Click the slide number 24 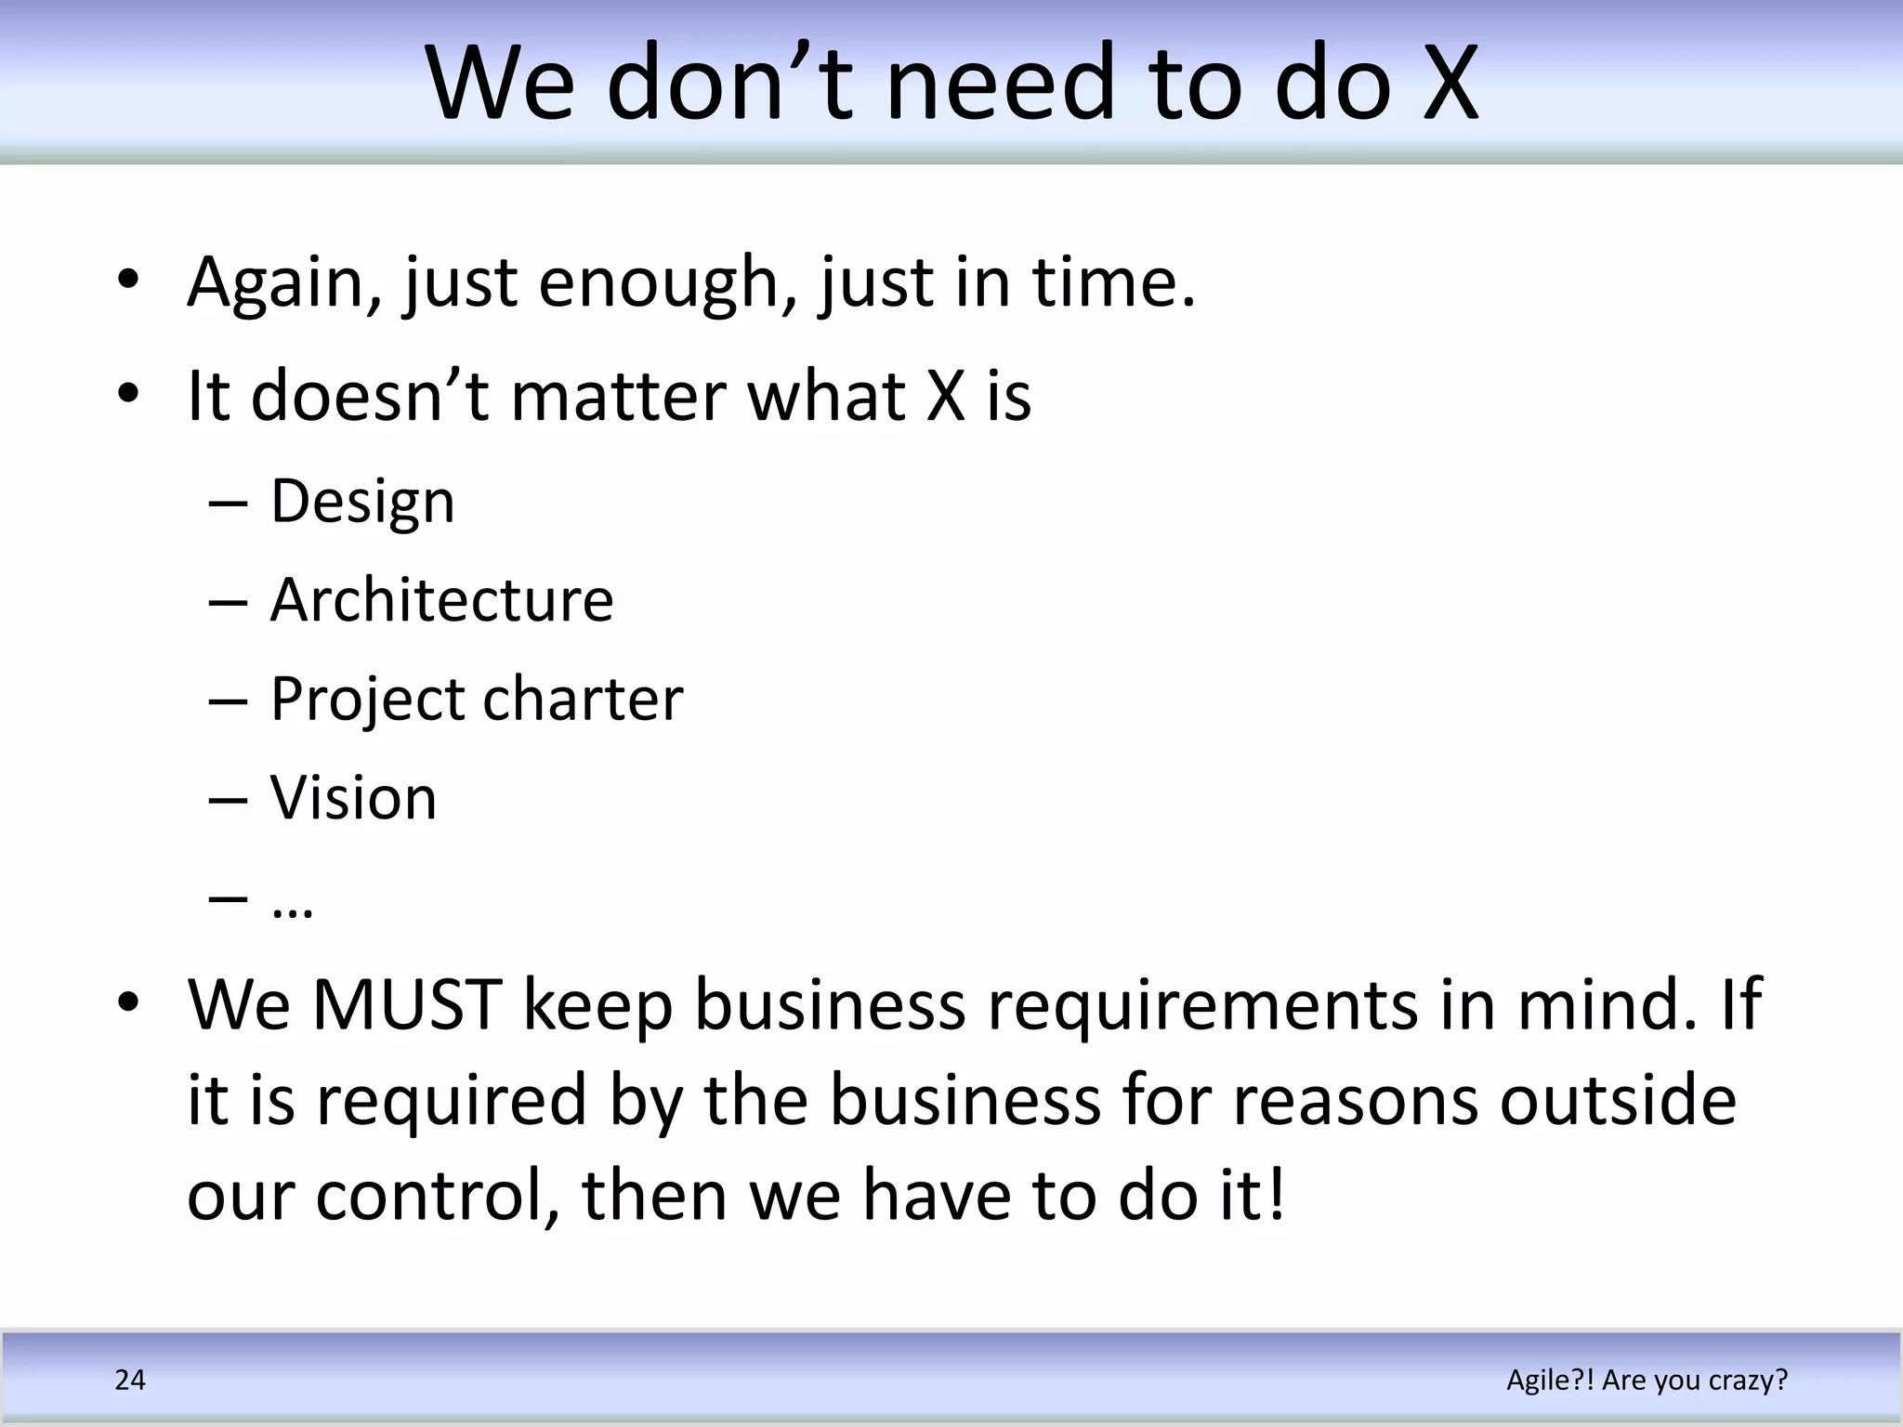pos(130,1381)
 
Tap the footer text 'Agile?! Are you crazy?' pos(1647,1381)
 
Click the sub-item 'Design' pos(362,503)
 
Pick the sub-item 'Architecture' pos(442,600)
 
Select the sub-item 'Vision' pos(353,798)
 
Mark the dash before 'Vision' pos(228,800)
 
